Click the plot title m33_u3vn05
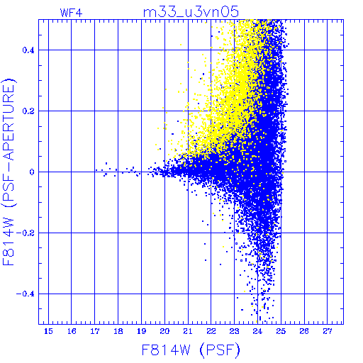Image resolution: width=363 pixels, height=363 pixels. click(191, 12)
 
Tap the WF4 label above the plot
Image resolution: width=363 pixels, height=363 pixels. click(71, 13)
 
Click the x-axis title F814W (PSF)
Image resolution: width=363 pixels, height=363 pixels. click(191, 350)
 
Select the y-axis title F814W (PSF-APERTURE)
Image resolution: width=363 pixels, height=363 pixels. click(9, 172)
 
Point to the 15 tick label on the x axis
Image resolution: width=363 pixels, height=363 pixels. click(48, 331)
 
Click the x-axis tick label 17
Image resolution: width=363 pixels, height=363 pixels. click(95, 331)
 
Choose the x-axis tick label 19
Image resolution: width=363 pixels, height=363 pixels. click(141, 331)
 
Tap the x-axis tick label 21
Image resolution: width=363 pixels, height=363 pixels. click(188, 331)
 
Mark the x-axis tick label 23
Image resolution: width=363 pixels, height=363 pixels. click(234, 331)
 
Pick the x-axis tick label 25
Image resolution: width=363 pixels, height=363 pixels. click(281, 331)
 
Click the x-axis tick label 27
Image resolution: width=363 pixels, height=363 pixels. click(328, 331)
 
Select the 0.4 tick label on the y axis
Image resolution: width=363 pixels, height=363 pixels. click(28, 50)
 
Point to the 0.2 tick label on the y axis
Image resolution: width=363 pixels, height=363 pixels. click(28, 111)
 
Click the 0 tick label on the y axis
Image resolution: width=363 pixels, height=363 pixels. click(32, 172)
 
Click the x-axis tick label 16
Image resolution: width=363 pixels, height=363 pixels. click(72, 331)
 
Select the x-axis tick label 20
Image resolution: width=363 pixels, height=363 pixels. click(164, 331)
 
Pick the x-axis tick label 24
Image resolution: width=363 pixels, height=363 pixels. click(257, 331)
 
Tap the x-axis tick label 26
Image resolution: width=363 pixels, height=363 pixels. click(304, 331)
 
